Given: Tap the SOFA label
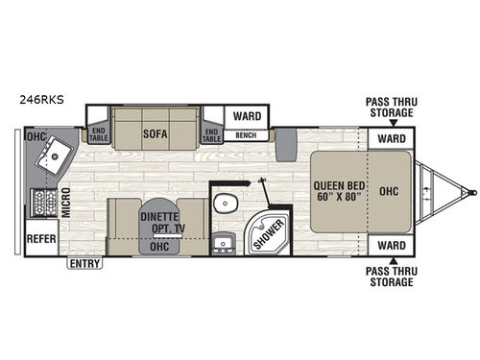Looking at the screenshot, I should (156, 135).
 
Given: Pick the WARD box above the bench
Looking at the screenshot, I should (248, 116).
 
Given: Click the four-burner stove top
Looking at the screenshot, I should (43, 203).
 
